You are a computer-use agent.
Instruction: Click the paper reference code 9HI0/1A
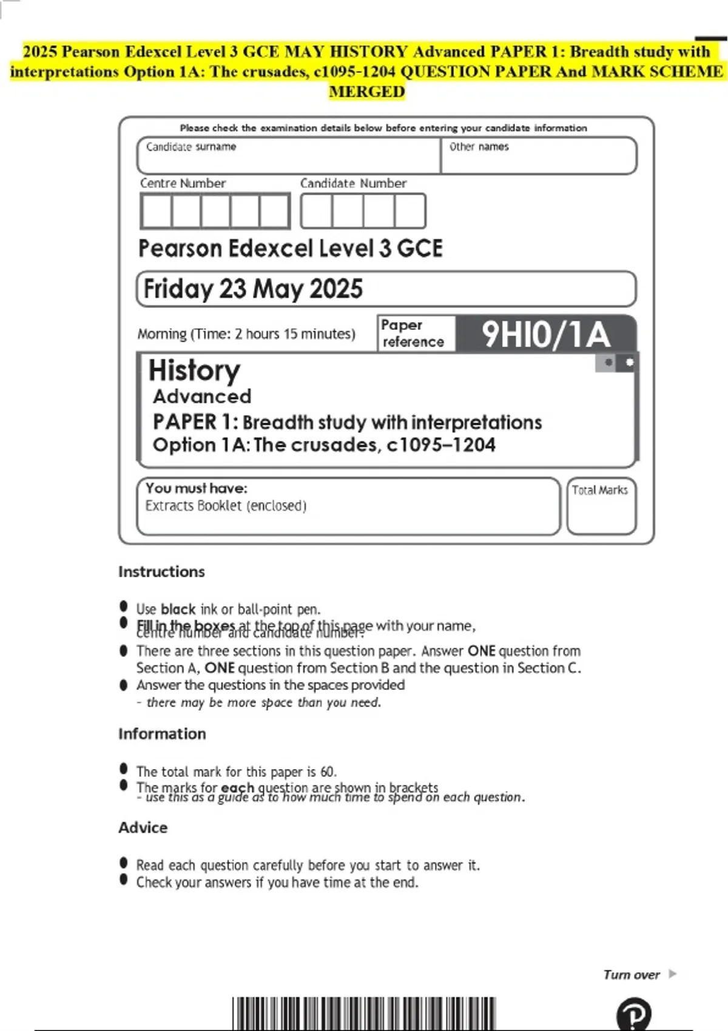545,334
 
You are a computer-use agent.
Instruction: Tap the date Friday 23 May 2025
253,289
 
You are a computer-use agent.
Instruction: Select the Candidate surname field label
191,147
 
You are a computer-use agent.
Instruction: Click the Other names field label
479,147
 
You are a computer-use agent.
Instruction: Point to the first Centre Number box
156,211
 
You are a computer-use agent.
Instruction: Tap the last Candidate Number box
410,211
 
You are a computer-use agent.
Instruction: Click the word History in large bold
194,370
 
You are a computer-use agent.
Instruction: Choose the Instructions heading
161,571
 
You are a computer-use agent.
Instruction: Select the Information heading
162,734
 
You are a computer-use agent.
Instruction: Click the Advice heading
143,827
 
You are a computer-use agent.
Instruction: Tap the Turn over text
632,975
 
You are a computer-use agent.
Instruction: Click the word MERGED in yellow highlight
366,92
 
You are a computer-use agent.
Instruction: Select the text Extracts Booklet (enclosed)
226,506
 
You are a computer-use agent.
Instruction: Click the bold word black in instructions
178,609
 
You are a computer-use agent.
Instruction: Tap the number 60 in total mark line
327,771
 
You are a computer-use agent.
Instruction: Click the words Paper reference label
413,334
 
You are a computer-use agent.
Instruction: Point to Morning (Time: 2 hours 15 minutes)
246,334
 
